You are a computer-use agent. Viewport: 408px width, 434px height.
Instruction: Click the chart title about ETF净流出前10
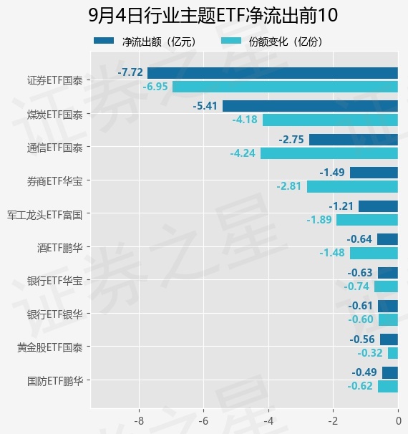click(213, 15)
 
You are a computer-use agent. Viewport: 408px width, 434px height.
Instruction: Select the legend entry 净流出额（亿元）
click(145, 42)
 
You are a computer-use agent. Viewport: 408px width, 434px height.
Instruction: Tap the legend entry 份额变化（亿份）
click(272, 42)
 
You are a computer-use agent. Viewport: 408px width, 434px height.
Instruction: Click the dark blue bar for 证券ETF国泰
click(273, 73)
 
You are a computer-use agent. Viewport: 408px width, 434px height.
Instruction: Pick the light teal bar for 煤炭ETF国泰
click(330, 120)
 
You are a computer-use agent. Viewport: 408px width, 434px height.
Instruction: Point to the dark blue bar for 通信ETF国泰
click(354, 140)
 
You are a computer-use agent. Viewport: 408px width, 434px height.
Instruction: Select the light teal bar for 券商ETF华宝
click(352, 186)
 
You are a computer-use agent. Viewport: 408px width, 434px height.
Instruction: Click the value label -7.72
click(130, 72)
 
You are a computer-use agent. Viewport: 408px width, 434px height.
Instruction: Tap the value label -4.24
click(243, 153)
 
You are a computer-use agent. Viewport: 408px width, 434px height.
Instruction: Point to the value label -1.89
click(319, 220)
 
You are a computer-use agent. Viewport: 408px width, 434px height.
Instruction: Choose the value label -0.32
click(370, 353)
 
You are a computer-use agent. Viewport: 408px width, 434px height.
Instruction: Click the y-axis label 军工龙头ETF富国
click(45, 215)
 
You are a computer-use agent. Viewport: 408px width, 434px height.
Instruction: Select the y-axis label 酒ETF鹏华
click(60, 248)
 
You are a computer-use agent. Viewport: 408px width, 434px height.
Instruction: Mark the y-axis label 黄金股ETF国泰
click(50, 347)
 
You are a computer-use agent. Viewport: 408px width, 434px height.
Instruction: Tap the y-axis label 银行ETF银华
click(55, 314)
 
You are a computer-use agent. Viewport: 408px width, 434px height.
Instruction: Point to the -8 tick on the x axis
click(139, 421)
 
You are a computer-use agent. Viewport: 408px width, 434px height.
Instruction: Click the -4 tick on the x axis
click(268, 421)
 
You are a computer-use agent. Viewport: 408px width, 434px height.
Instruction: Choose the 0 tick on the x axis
click(398, 421)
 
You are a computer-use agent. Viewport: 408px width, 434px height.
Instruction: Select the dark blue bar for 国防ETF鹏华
click(390, 372)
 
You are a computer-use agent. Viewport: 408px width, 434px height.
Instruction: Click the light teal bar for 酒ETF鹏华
click(374, 254)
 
